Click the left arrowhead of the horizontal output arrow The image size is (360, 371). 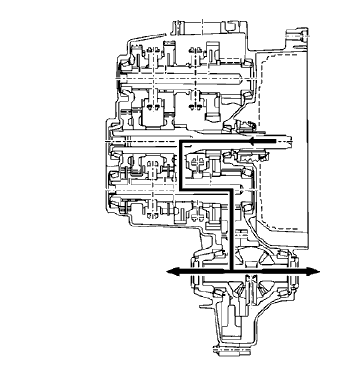pyautogui.click(x=171, y=271)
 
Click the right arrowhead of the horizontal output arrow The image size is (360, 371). pyautogui.click(x=317, y=271)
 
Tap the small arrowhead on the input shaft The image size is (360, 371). pyautogui.click(x=258, y=142)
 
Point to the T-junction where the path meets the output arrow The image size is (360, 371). pyautogui.click(x=229, y=271)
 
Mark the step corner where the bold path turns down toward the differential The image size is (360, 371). pyautogui.click(x=229, y=190)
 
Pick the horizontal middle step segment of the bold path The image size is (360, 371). pyautogui.click(x=204, y=190)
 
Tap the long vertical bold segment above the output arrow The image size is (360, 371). pyautogui.click(x=229, y=230)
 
